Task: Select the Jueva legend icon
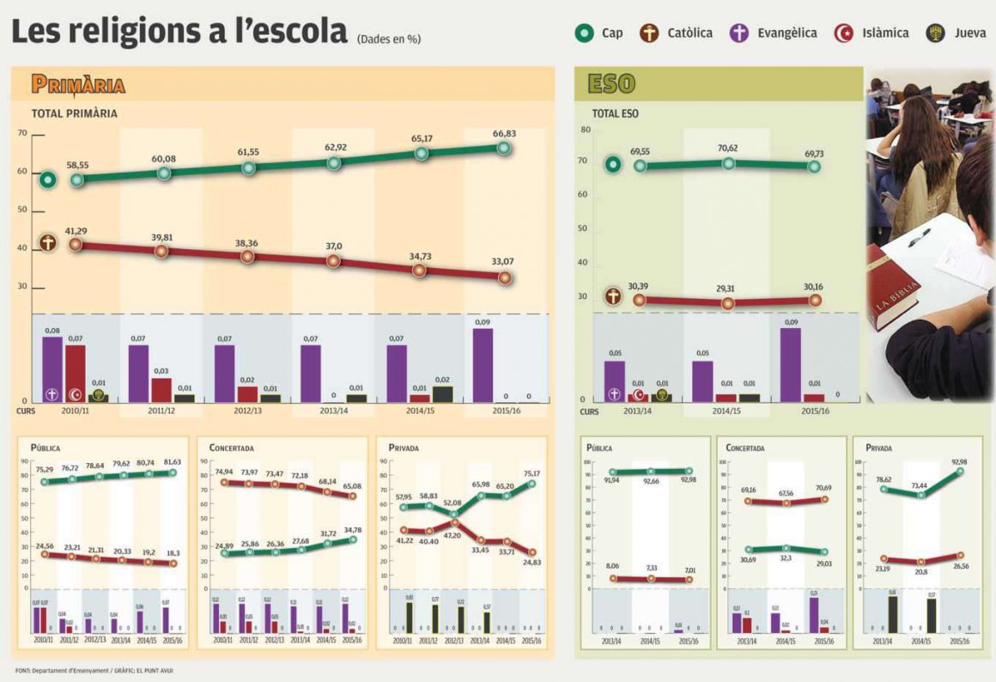pos(935,33)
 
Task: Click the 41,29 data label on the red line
pos(76,231)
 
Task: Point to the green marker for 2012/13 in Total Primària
pos(248,167)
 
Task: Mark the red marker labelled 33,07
pos(505,277)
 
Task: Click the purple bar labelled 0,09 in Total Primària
pos(482,365)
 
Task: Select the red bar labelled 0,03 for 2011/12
pos(161,389)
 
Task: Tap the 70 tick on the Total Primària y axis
pos(22,133)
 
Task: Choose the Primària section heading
pos(78,84)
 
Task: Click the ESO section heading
pos(610,83)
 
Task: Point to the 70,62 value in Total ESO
pos(727,148)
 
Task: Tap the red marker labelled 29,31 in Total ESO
pos(728,302)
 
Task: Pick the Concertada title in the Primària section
pos(232,448)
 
